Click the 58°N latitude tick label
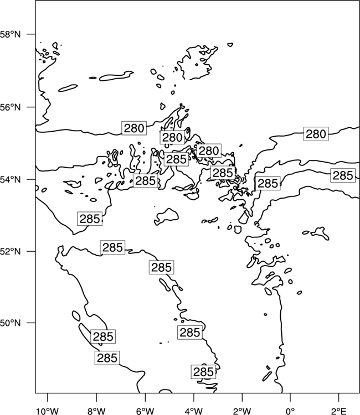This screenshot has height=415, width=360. point(11,34)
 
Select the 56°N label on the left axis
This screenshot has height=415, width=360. point(11,107)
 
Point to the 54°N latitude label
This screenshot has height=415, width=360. point(11,180)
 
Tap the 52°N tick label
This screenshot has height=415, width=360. point(11,251)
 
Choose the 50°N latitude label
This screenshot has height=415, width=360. point(11,323)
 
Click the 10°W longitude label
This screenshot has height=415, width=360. point(48,411)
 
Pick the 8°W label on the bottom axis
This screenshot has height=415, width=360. point(96,411)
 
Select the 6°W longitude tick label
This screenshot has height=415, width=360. point(145,411)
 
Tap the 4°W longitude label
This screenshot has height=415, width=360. point(194,411)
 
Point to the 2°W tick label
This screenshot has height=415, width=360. point(242,411)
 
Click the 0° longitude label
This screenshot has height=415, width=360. point(290,411)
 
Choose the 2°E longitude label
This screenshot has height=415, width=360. point(339,411)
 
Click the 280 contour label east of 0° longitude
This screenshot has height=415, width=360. point(316,134)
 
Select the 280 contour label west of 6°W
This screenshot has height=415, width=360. point(134,128)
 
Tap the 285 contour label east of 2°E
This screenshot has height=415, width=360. point(343,175)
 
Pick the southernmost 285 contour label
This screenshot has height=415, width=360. point(203,372)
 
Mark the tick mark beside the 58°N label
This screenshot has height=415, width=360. point(31,34)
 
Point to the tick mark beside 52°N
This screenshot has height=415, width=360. point(31,251)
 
